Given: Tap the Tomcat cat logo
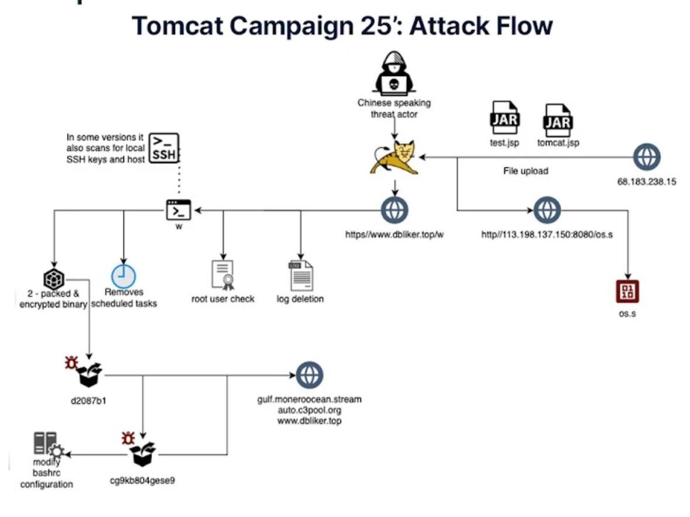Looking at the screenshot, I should pyautogui.click(x=394, y=158).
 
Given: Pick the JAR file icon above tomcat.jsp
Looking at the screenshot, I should pyautogui.click(x=558, y=120).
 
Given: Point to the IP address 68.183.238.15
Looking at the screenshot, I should pyautogui.click(x=647, y=181).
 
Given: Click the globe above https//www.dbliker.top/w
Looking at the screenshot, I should pyautogui.click(x=394, y=211).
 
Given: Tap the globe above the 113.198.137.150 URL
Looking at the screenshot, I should pyautogui.click(x=547, y=211).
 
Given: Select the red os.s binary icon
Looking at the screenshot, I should pyautogui.click(x=627, y=291).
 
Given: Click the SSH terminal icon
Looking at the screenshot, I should pyautogui.click(x=164, y=149).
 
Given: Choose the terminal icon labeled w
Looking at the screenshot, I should pyautogui.click(x=178, y=209).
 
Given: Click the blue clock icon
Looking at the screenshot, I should pyautogui.click(x=123, y=276).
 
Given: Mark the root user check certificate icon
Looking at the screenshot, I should pyautogui.click(x=222, y=275).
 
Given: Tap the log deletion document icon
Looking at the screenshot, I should pyautogui.click(x=300, y=275).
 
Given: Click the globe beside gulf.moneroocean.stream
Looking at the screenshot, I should pyautogui.click(x=310, y=375).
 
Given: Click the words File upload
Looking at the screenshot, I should pyautogui.click(x=526, y=171).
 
